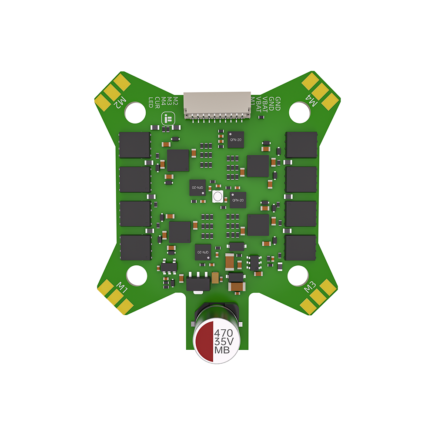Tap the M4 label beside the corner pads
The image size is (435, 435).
(x=312, y=100)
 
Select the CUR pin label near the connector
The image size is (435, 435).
(x=157, y=102)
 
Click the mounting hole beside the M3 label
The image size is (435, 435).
(x=299, y=275)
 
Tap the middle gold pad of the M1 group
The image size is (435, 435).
(x=116, y=297)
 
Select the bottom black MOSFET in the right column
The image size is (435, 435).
(x=300, y=248)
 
